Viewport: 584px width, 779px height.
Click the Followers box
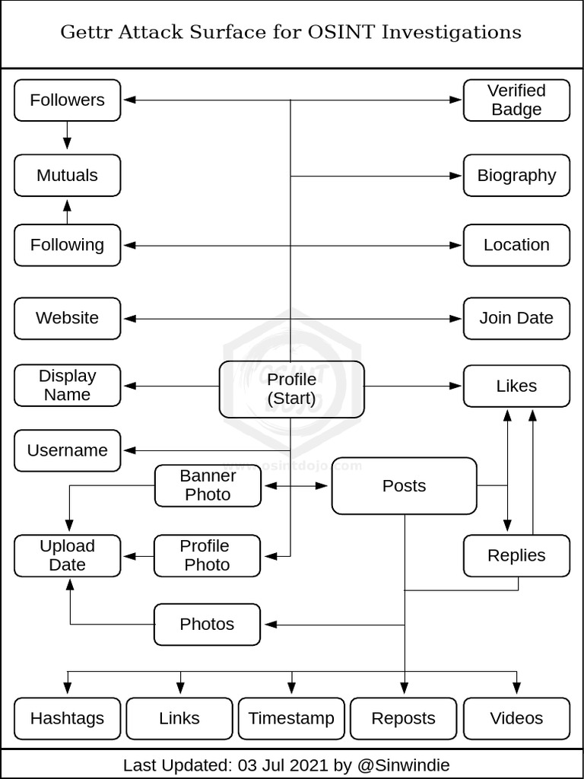click(67, 100)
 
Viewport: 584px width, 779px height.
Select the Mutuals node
click(67, 175)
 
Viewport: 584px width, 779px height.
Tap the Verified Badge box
click(516, 100)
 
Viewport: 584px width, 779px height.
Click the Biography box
click(516, 175)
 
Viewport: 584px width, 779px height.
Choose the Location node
click(516, 245)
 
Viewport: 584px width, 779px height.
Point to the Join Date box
click(516, 318)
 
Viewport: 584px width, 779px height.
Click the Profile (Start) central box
click(291, 389)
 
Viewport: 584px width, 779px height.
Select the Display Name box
click(67, 385)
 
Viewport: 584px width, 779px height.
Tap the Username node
click(67, 450)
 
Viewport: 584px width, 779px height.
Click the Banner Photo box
click(208, 485)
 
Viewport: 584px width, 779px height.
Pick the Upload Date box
click(67, 555)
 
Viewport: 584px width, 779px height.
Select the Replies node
click(516, 555)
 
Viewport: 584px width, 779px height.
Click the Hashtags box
click(67, 718)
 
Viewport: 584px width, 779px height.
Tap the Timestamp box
click(291, 718)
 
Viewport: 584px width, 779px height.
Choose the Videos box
click(516, 718)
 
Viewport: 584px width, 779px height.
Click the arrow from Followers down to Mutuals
click(67, 137)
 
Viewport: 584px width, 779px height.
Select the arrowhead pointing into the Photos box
click(269, 625)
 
